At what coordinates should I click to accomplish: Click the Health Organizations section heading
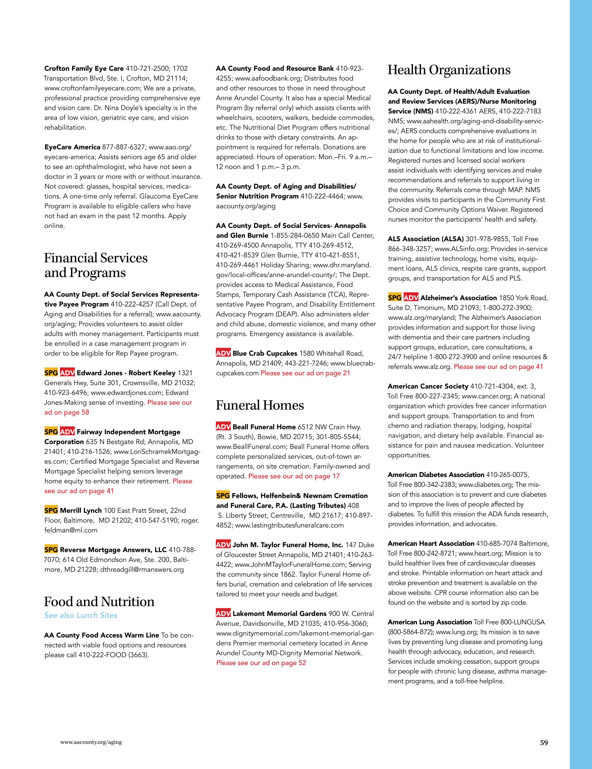tap(449, 70)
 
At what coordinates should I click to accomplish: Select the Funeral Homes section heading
tap(260, 405)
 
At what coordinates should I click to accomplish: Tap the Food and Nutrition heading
tap(99, 601)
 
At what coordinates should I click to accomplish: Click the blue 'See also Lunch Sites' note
tap(81, 615)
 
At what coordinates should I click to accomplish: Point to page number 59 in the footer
tap(544, 743)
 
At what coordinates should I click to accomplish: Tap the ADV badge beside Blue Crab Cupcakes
tap(223, 353)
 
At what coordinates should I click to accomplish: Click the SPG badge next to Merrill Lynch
tap(51, 510)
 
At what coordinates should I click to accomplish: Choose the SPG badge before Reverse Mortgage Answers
tap(51, 550)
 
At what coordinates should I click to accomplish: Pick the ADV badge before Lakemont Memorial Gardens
tap(223, 614)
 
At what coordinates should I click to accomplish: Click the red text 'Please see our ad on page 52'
tap(261, 663)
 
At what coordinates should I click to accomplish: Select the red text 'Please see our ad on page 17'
tap(294, 476)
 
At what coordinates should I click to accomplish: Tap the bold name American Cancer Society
tap(428, 386)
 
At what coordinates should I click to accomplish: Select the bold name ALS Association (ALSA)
tap(426, 239)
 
